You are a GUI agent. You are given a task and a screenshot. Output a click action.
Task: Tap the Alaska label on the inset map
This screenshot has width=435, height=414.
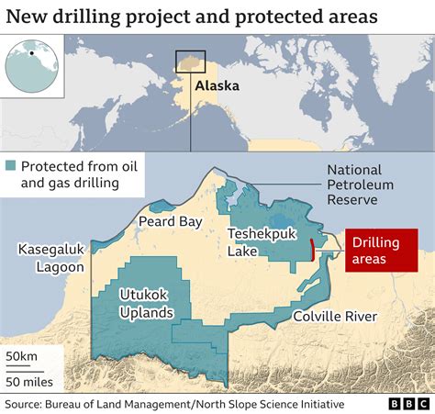(217, 86)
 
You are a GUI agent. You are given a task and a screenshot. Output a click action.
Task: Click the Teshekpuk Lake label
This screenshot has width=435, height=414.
(262, 242)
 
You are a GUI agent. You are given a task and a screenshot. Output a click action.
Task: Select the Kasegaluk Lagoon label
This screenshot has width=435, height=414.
(50, 258)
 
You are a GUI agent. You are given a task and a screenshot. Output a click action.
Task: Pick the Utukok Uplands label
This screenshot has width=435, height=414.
(146, 303)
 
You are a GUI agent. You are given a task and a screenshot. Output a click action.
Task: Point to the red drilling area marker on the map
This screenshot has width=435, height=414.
(314, 249)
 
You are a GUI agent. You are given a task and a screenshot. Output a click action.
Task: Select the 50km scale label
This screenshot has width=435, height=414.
(22, 355)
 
